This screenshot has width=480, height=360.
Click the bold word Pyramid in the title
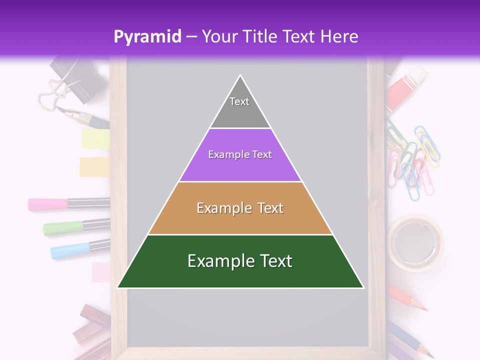147,36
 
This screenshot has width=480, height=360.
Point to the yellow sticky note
95,138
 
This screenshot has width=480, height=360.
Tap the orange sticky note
94,167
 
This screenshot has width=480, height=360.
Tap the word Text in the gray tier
239,101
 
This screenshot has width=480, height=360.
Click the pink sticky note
101,272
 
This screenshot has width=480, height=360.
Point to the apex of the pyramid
240,76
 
